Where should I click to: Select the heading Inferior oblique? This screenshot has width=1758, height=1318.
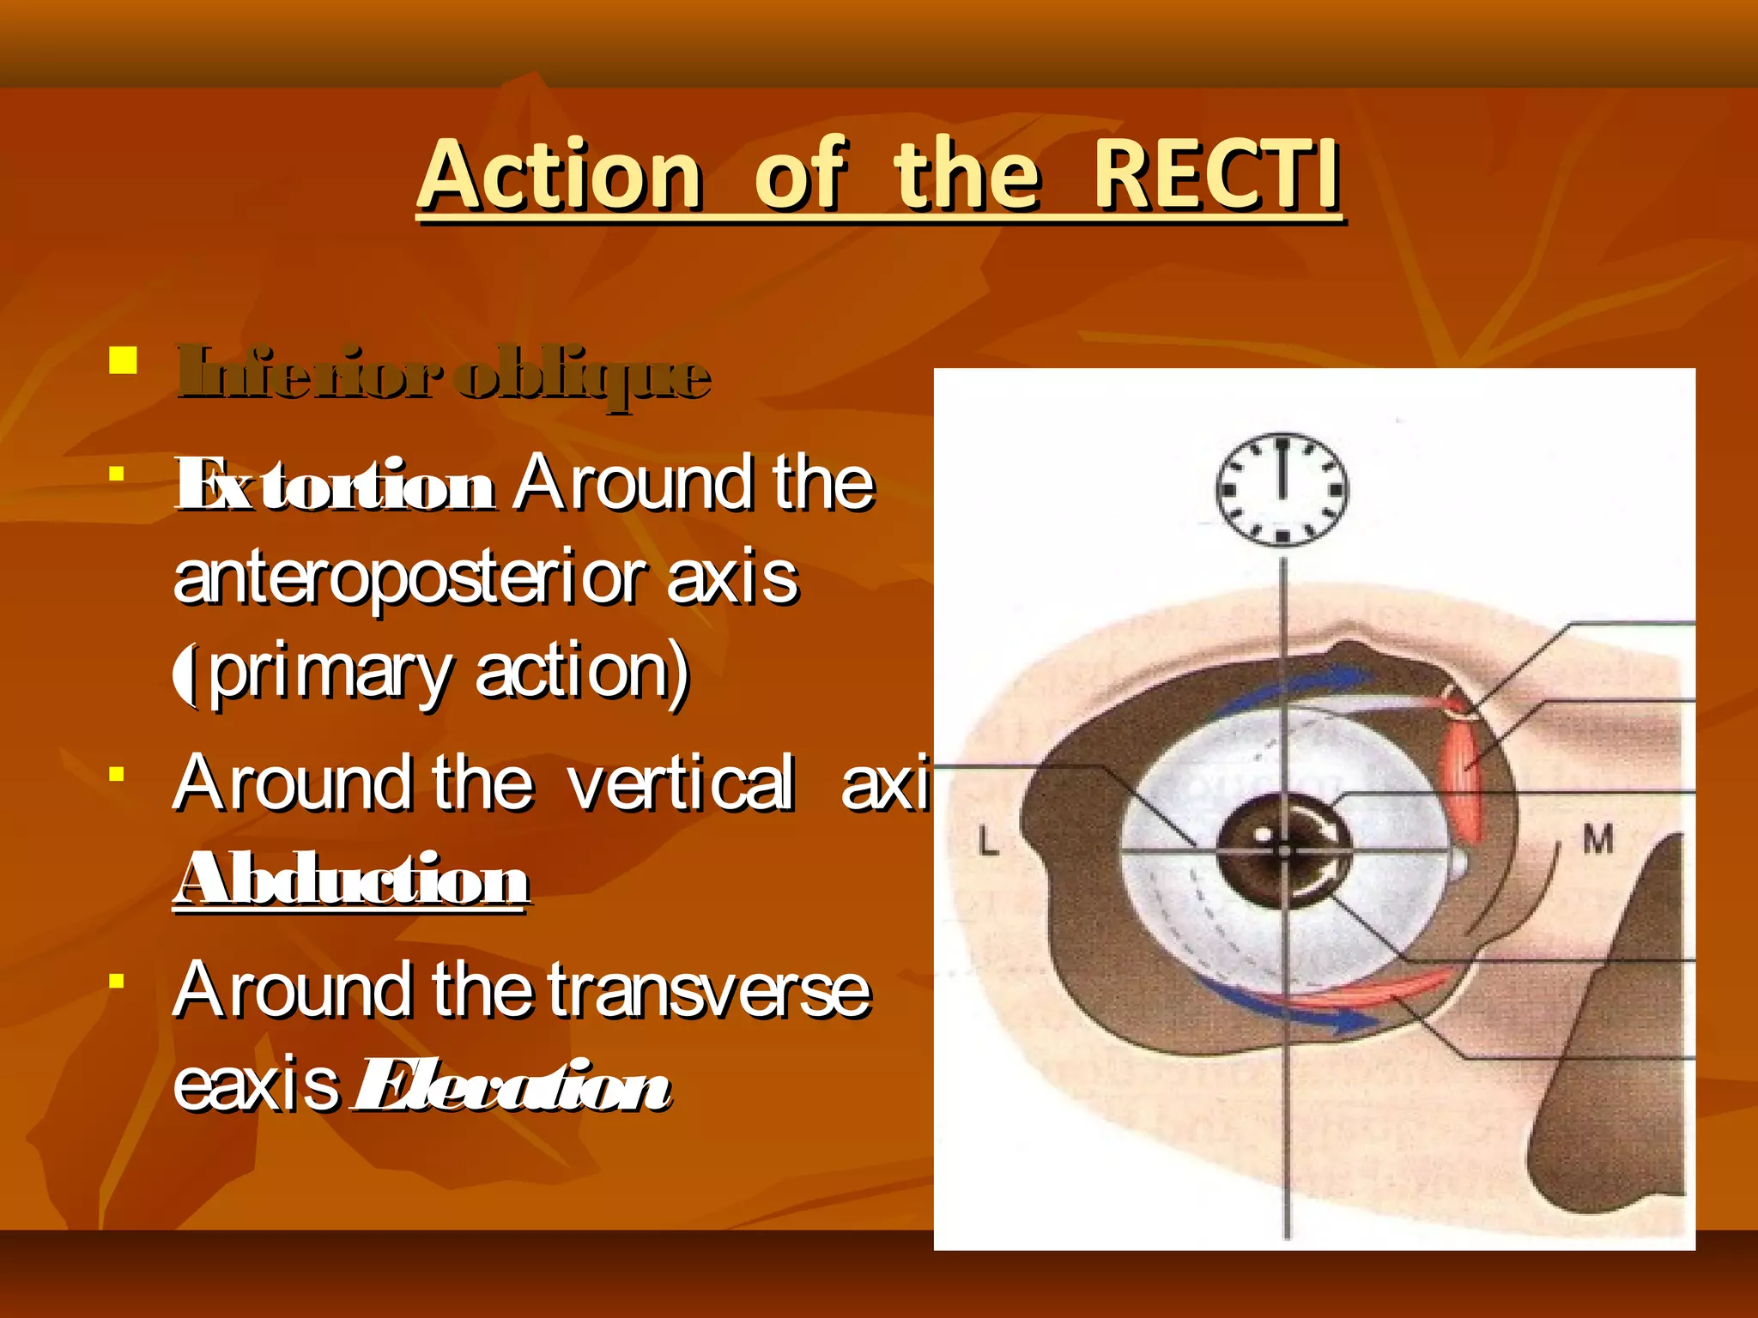(x=443, y=374)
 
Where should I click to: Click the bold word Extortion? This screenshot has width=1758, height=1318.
(x=335, y=486)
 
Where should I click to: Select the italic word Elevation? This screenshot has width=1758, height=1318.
(x=512, y=1086)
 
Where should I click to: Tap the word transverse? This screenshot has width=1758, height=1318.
(x=709, y=991)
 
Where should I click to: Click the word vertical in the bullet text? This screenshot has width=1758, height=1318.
(x=680, y=783)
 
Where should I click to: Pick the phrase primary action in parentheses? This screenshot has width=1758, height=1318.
(x=446, y=673)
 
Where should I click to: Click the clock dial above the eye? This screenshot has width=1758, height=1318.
(x=1282, y=489)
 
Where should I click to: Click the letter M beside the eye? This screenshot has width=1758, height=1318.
(x=1597, y=838)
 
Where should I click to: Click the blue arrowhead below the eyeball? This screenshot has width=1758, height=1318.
(x=1353, y=1021)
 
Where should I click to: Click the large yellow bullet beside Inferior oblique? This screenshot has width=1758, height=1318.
(x=124, y=360)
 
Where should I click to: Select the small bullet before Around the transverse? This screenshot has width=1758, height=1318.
(x=118, y=980)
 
